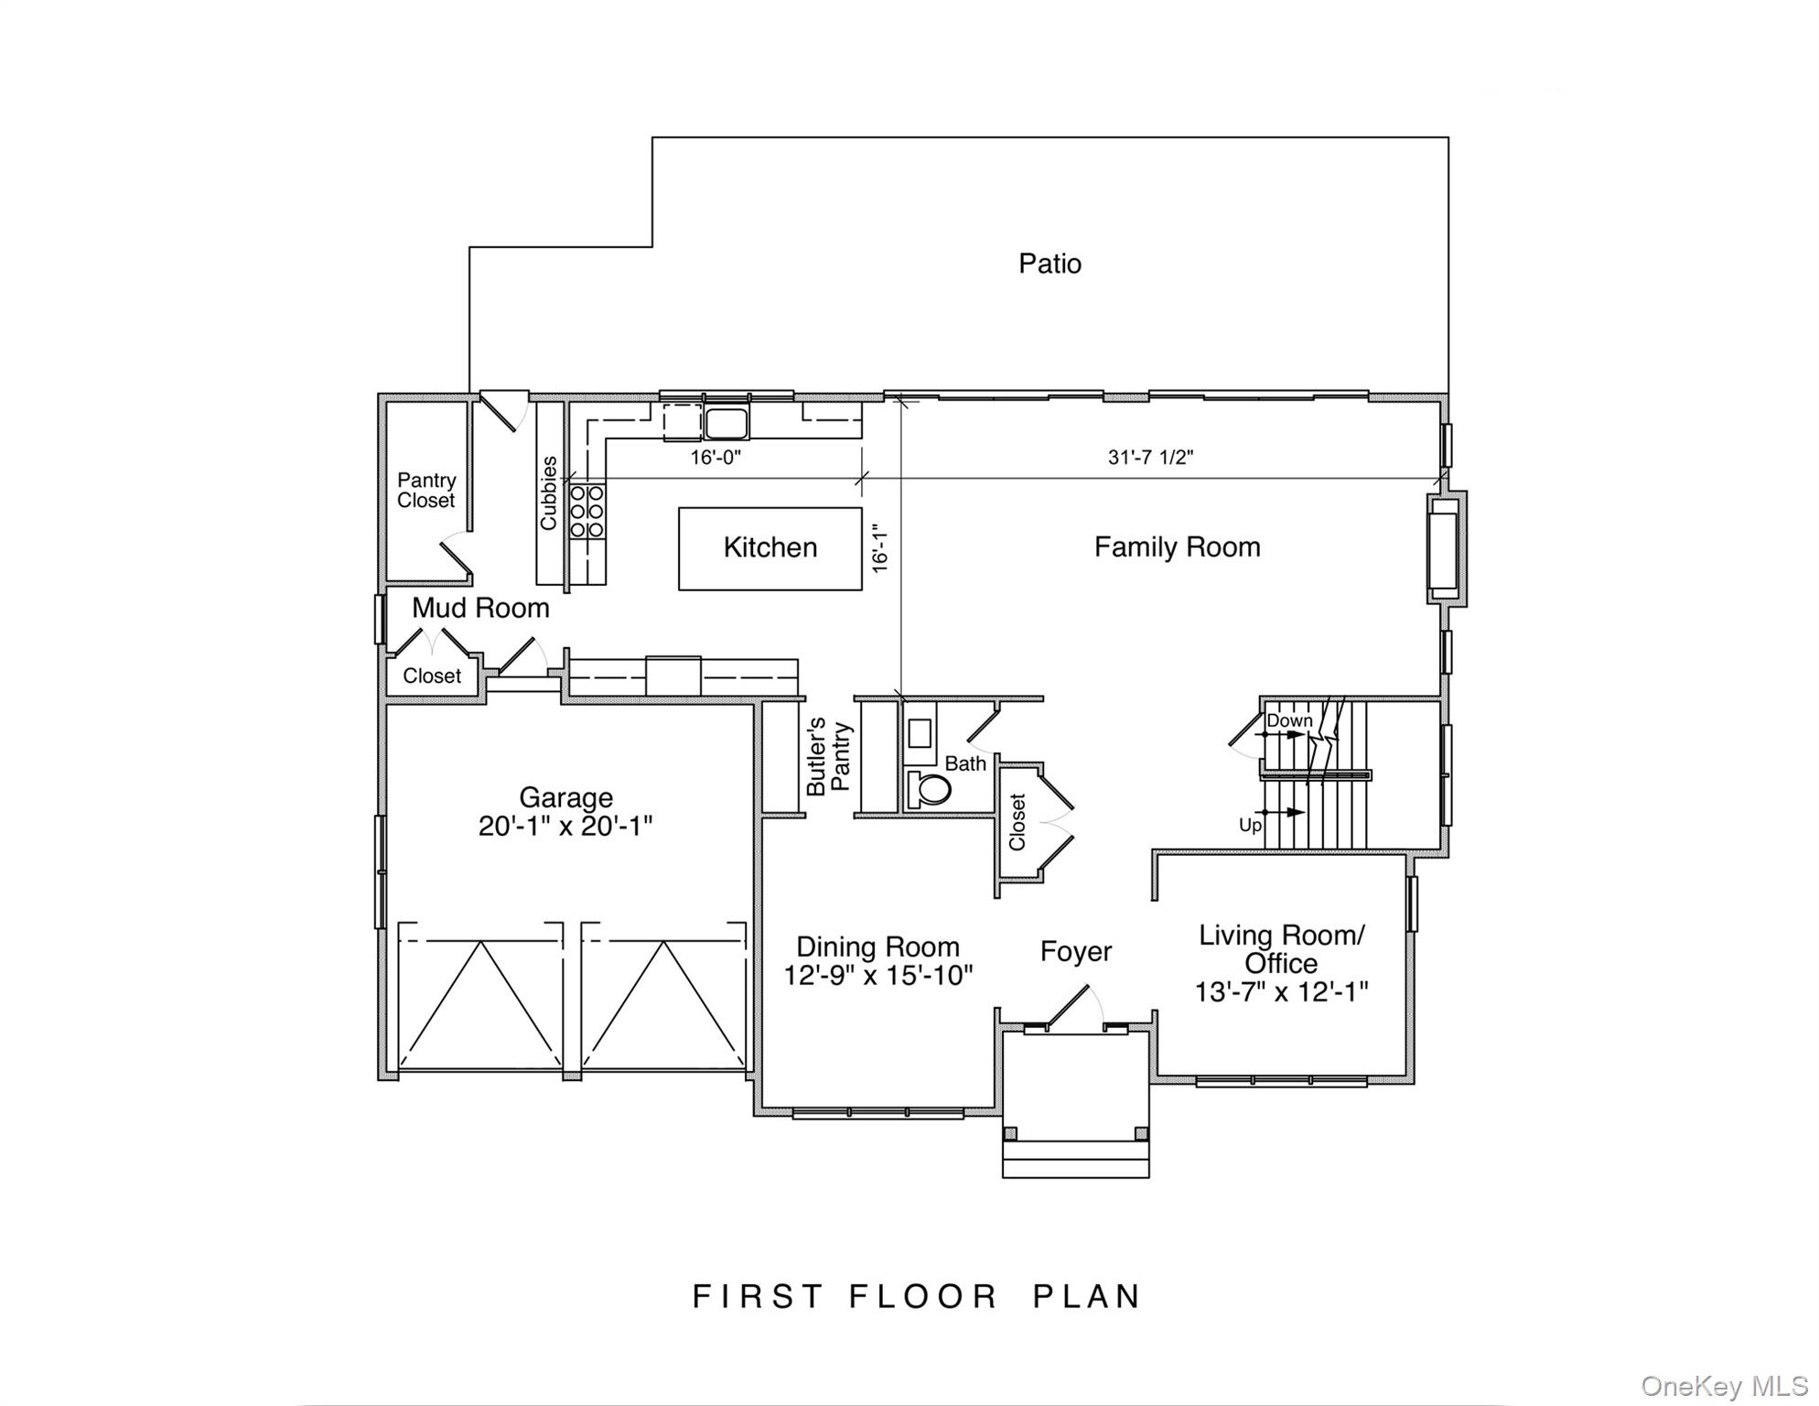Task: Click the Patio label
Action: [x=1049, y=264]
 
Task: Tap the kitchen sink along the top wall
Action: [x=727, y=424]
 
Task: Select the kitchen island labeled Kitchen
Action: [x=770, y=548]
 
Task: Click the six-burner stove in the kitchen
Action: [x=587, y=511]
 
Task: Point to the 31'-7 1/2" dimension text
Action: [x=1150, y=457]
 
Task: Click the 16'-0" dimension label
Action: [x=715, y=457]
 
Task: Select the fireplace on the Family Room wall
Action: [x=1445, y=549]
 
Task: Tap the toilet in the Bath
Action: [x=928, y=788]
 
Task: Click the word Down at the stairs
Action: [x=1288, y=720]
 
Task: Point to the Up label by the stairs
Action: [x=1250, y=825]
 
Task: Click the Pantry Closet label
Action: [x=426, y=491]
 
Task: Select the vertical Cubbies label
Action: [x=549, y=493]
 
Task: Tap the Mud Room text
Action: [x=480, y=608]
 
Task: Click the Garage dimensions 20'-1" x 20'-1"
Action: [x=565, y=827]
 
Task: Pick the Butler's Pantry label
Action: [x=829, y=756]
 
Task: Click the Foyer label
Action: [x=1075, y=952]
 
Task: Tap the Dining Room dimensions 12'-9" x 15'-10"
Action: [x=877, y=976]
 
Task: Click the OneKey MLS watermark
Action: [x=1724, y=1387]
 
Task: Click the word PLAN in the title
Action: [x=1087, y=1296]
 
